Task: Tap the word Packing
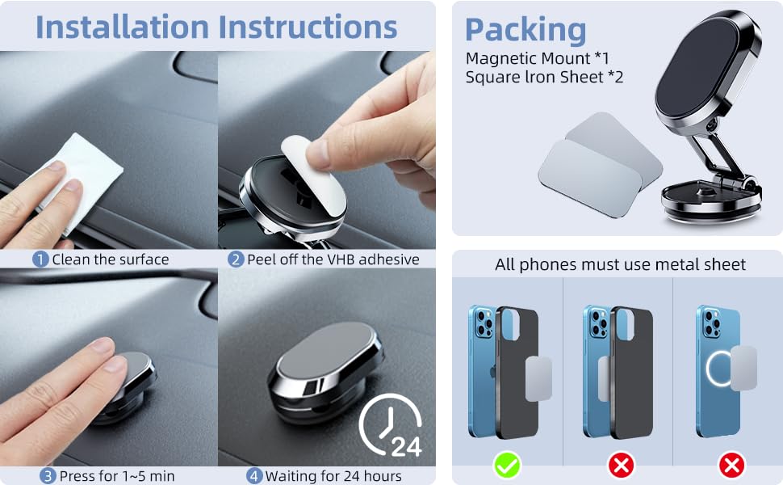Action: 525,30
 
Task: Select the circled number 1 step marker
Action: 40,259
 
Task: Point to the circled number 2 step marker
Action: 236,259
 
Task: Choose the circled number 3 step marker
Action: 48,476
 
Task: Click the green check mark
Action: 508,465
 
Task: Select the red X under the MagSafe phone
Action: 731,465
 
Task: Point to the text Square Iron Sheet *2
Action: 545,78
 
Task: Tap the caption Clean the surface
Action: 111,259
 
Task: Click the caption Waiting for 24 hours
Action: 333,476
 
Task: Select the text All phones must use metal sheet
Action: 620,264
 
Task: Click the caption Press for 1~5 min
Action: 117,476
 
